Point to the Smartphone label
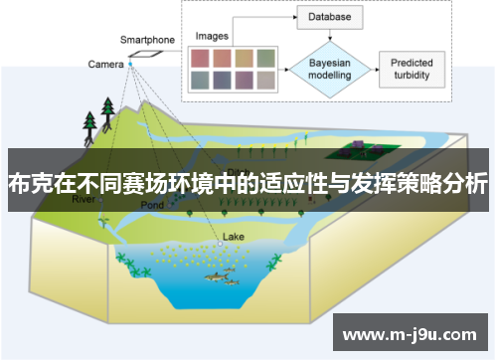148,41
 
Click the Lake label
233,237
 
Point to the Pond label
152,205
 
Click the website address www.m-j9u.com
412,332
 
